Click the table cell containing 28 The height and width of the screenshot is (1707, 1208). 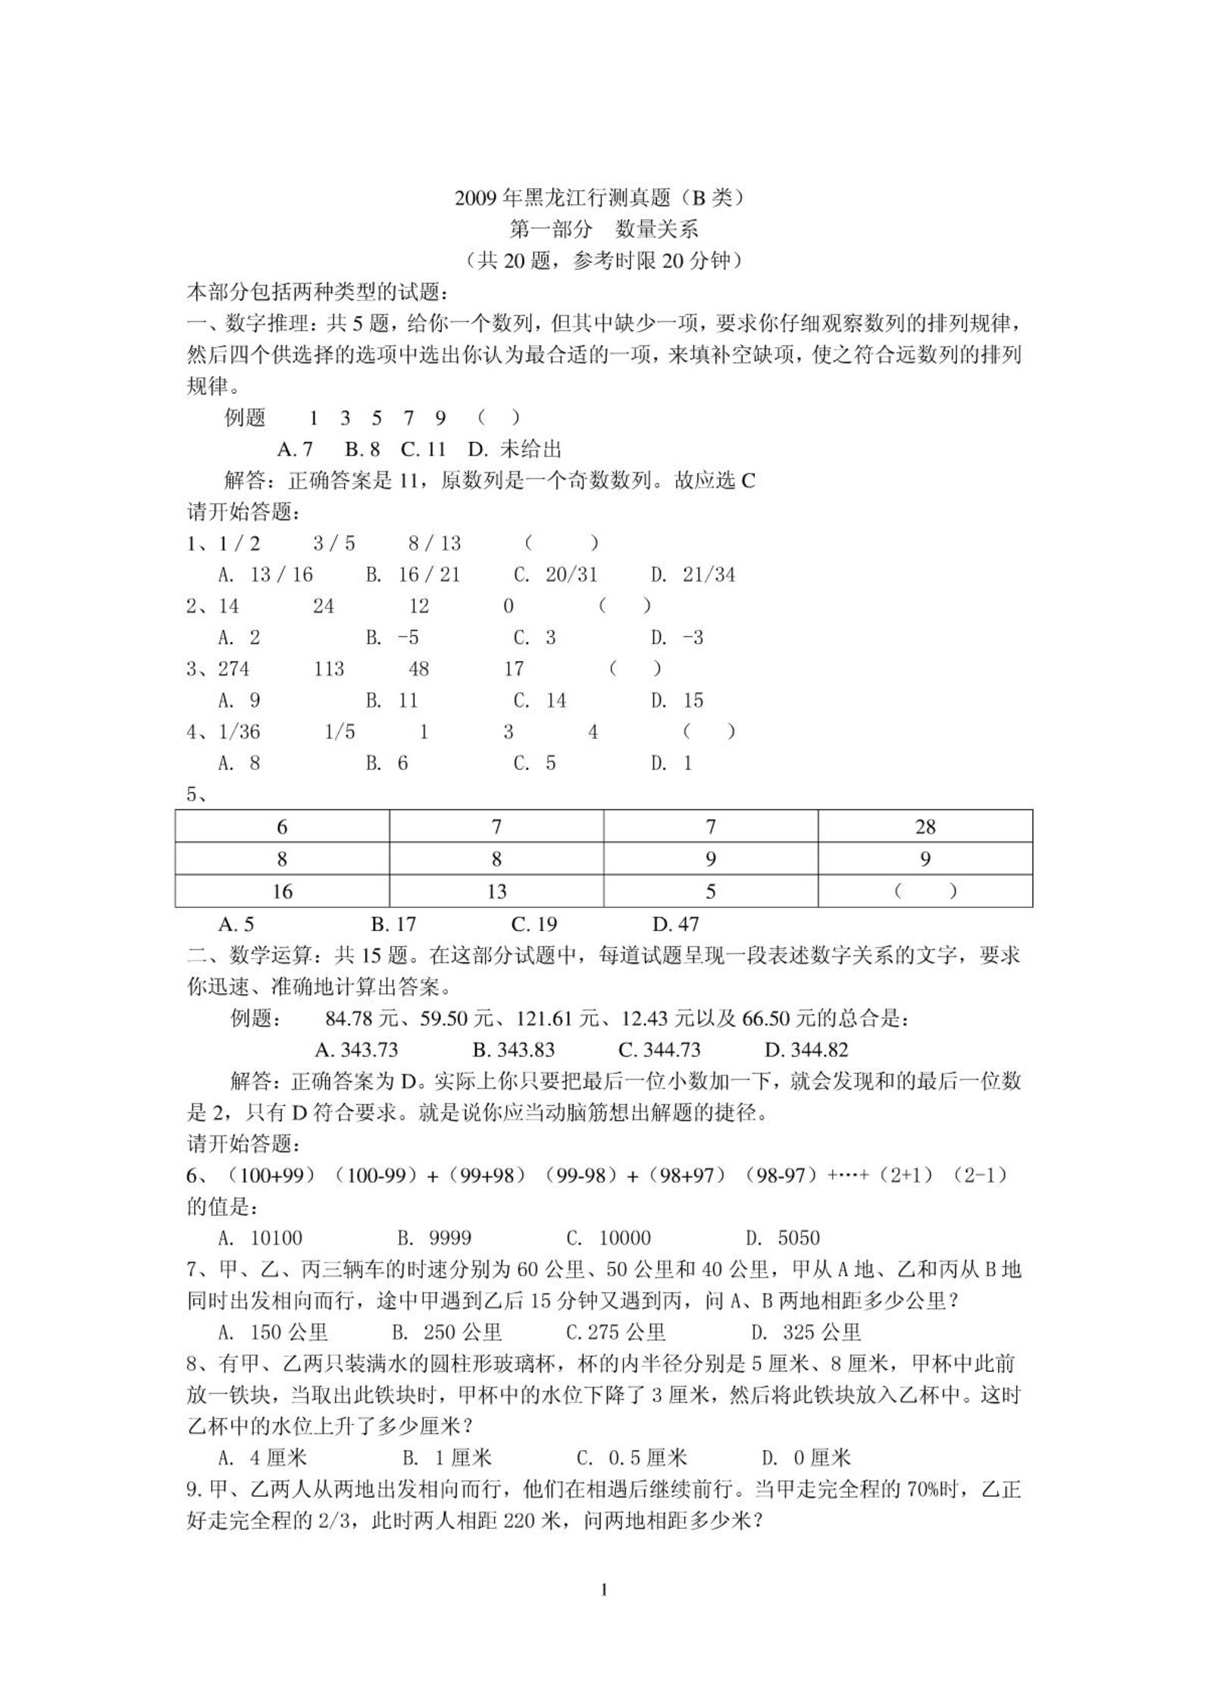tap(925, 826)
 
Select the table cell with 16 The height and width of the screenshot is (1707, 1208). tap(282, 891)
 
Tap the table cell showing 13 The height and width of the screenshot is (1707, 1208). tap(496, 891)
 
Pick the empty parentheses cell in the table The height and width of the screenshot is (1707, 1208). tap(925, 891)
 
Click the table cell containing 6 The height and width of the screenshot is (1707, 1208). tap(282, 826)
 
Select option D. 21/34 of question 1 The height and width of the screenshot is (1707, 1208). tap(693, 575)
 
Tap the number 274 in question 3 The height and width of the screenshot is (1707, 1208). tap(233, 669)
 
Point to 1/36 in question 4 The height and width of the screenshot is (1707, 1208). tap(239, 731)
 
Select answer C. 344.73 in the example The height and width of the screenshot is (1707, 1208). tap(659, 1050)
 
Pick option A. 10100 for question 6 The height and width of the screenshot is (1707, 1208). tap(260, 1239)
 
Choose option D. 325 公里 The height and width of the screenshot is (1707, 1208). tap(806, 1333)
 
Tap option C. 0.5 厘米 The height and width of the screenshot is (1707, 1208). tap(631, 1458)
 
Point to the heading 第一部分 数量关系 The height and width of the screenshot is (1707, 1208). tap(603, 229)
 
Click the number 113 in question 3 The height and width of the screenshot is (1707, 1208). tap(328, 669)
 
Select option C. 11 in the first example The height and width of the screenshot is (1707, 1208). tap(423, 449)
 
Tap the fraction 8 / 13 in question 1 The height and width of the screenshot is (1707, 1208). tap(434, 543)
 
